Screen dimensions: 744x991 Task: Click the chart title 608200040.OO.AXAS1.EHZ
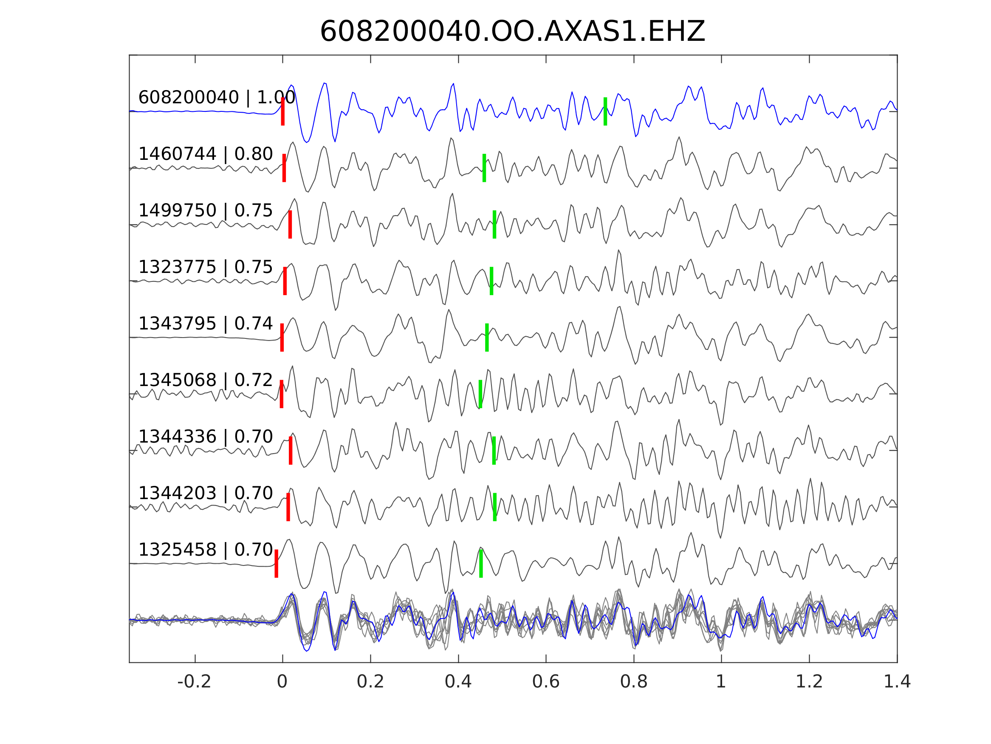(512, 31)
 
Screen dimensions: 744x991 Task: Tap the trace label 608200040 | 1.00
(217, 97)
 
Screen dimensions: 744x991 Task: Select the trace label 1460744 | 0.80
(206, 154)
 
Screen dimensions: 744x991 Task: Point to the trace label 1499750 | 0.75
(206, 210)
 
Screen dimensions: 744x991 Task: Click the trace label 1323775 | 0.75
(206, 267)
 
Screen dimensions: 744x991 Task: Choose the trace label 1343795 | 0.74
(206, 324)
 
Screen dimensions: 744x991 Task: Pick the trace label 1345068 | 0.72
(206, 380)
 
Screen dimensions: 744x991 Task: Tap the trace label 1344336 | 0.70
(206, 436)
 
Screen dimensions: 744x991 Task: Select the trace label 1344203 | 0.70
(206, 493)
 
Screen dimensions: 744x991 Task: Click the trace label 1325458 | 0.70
(206, 549)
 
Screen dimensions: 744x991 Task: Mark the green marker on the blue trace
(605, 111)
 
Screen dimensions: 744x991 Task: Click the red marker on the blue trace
(283, 111)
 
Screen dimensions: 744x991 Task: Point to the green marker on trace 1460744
(484, 168)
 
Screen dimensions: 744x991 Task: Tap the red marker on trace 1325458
(277, 563)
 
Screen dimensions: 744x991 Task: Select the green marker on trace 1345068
(480, 394)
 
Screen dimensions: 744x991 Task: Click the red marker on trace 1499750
(290, 224)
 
